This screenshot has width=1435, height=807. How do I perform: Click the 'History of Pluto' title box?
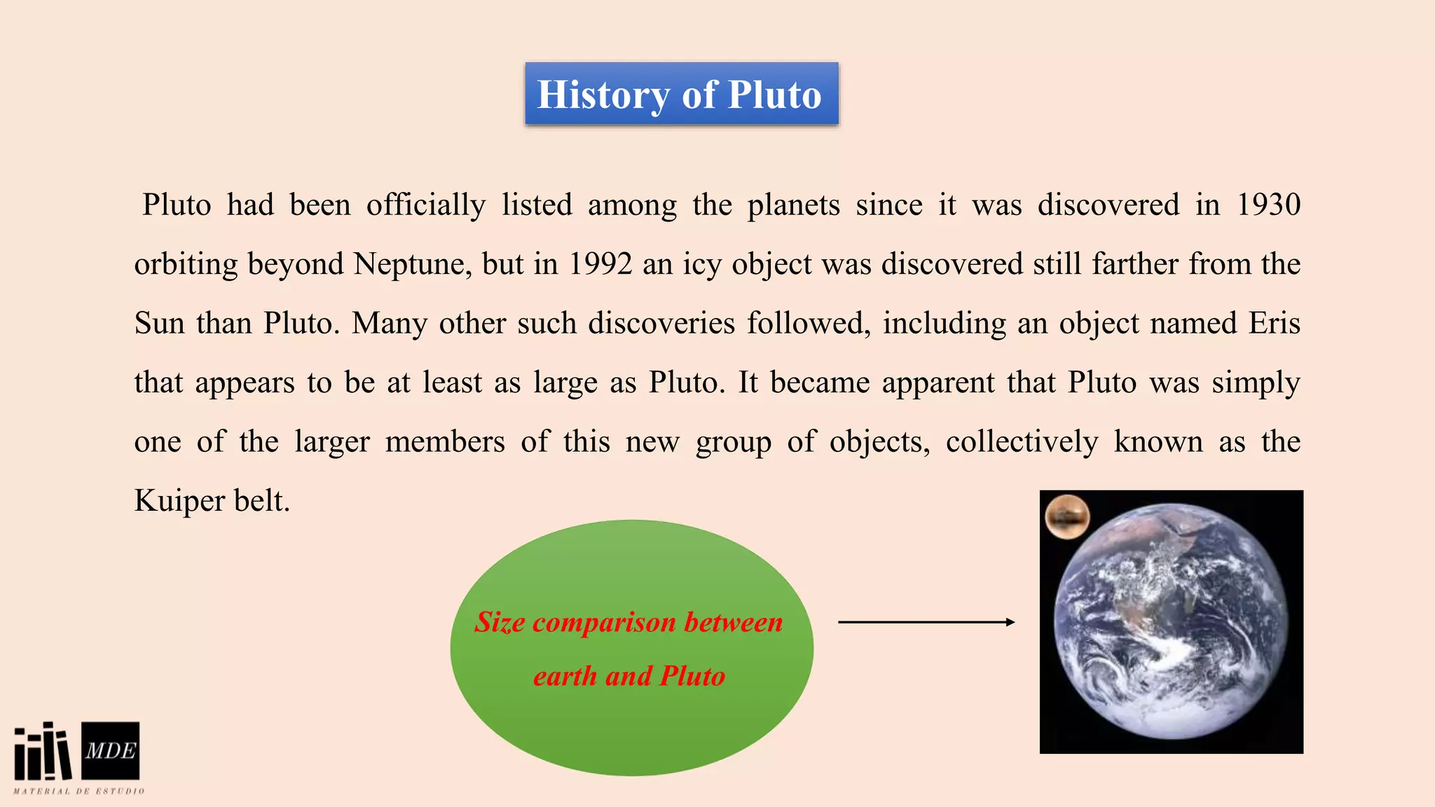681,94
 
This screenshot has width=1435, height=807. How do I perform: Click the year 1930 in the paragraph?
1268,205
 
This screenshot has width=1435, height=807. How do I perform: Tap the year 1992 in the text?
600,265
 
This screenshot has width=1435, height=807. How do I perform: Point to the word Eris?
1275,324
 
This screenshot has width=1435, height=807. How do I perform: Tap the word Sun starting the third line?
159,324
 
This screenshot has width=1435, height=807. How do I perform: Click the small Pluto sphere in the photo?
1067,517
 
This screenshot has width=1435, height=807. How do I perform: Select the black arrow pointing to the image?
926,622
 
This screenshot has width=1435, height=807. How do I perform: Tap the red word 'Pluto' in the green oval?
692,676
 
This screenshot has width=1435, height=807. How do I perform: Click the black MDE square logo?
111,750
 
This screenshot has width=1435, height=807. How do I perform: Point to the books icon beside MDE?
43,752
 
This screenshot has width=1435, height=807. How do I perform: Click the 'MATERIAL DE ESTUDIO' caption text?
79,792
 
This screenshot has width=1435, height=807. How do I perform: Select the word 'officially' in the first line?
426,205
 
